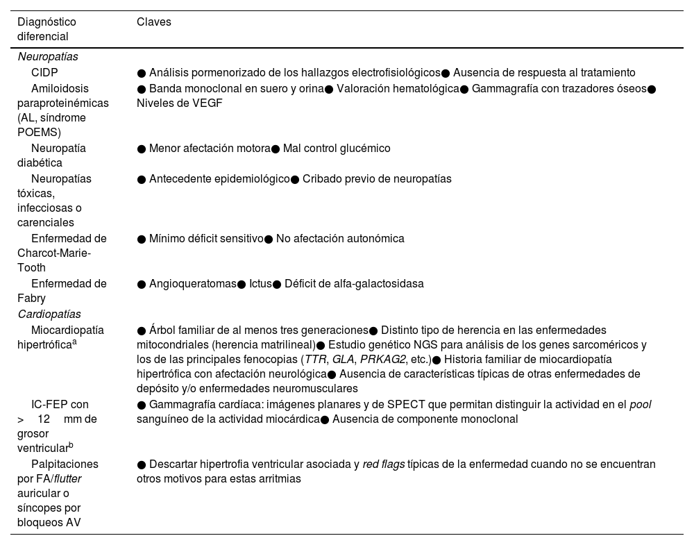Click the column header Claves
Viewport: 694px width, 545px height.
pos(153,22)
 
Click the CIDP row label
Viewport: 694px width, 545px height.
pos(44,72)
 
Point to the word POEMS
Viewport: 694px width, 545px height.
pos(39,132)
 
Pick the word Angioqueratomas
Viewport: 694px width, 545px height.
pos(192,283)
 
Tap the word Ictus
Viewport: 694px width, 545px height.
pos(260,283)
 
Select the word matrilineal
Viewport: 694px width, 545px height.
pos(285,344)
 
